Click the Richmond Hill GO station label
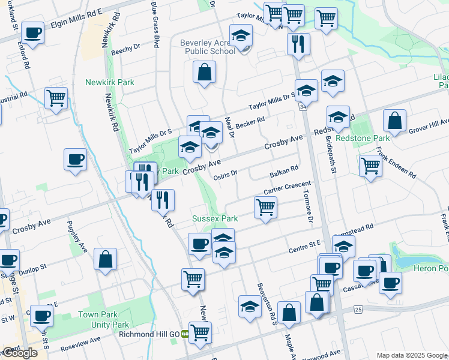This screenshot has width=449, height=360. tap(149, 334)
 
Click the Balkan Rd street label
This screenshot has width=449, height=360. tap(284, 172)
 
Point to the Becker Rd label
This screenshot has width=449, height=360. tap(250, 123)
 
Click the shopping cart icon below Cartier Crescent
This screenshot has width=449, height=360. tap(265, 208)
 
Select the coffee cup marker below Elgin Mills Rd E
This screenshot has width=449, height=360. tap(32, 32)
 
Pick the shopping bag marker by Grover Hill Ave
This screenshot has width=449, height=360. tap(395, 121)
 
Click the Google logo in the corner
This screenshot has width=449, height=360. tap(20, 353)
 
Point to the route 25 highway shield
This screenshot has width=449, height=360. tap(358, 309)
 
